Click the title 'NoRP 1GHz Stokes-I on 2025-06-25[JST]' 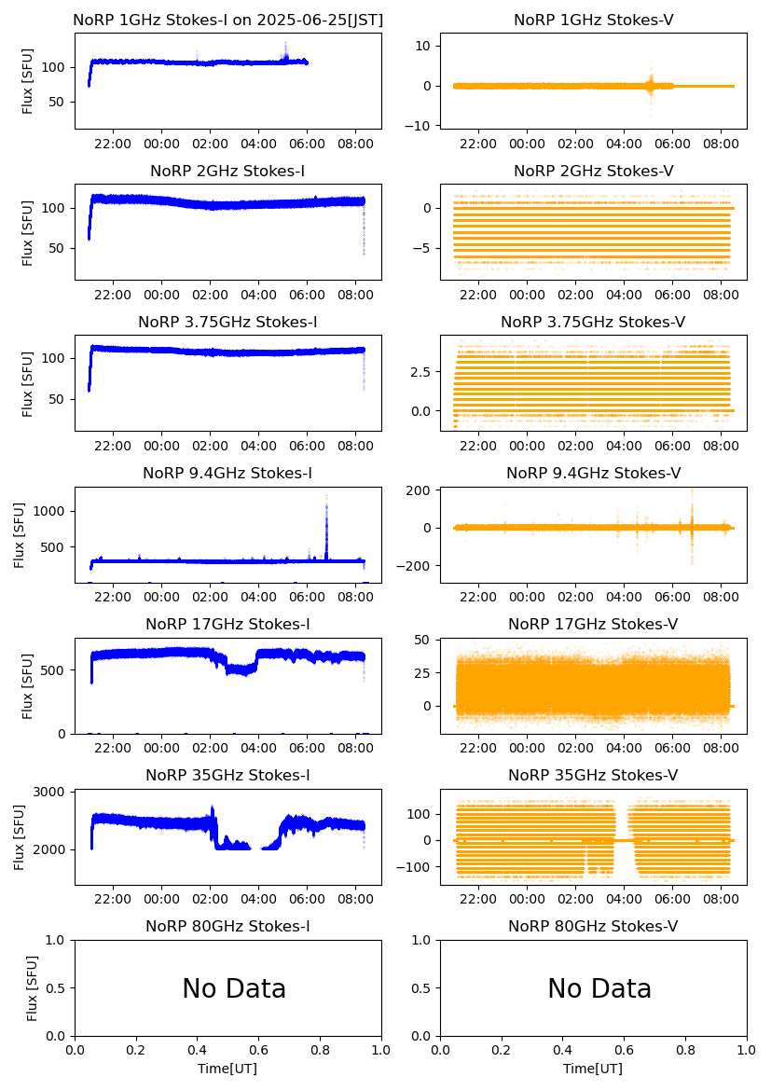pos(227,20)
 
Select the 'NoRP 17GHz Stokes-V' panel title pos(593,624)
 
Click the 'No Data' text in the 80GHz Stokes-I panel pos(234,988)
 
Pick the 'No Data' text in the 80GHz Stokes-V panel pos(599,988)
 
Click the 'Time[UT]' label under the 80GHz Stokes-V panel pos(593,1069)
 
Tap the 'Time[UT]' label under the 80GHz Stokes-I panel pos(227,1069)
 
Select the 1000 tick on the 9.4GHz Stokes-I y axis pos(51,511)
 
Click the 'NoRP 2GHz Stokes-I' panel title pos(227,171)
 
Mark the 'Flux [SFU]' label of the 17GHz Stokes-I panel pos(28,685)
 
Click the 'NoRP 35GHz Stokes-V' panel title pos(593,775)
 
